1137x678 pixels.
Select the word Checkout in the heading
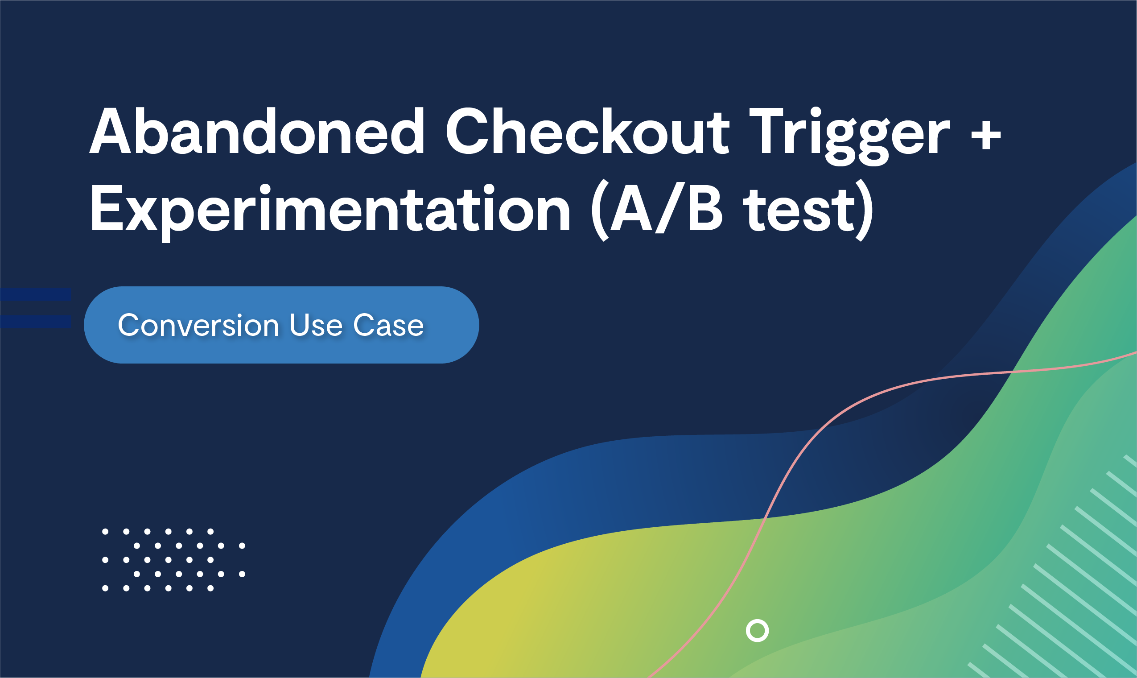pos(587,131)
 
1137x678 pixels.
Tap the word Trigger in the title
pos(849,136)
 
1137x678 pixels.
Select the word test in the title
pos(799,211)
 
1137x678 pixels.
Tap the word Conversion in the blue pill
pos(198,325)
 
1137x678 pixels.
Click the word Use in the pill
pos(316,325)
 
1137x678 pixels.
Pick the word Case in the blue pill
pos(389,325)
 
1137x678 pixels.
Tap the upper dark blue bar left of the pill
pos(36,294)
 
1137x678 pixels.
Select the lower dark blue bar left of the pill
pos(36,322)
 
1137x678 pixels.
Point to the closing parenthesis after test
pos(865,210)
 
